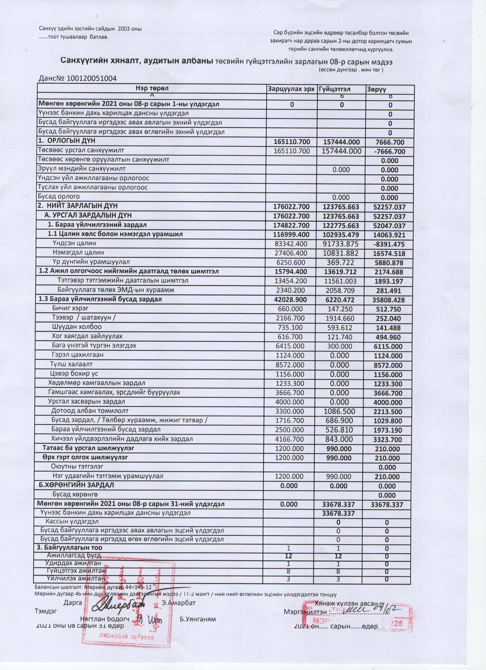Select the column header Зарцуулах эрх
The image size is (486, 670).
click(291, 89)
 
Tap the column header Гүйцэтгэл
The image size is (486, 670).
click(335, 89)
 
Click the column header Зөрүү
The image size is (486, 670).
click(377, 89)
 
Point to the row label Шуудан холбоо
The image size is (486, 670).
click(76, 327)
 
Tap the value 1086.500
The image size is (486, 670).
click(339, 412)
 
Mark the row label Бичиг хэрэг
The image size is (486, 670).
click(70, 308)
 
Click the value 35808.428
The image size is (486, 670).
click(388, 300)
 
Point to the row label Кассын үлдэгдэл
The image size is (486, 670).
click(72, 521)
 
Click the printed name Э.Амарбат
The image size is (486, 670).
click(178, 603)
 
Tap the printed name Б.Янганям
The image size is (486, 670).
click(198, 619)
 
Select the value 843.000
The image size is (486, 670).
click(339, 439)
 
